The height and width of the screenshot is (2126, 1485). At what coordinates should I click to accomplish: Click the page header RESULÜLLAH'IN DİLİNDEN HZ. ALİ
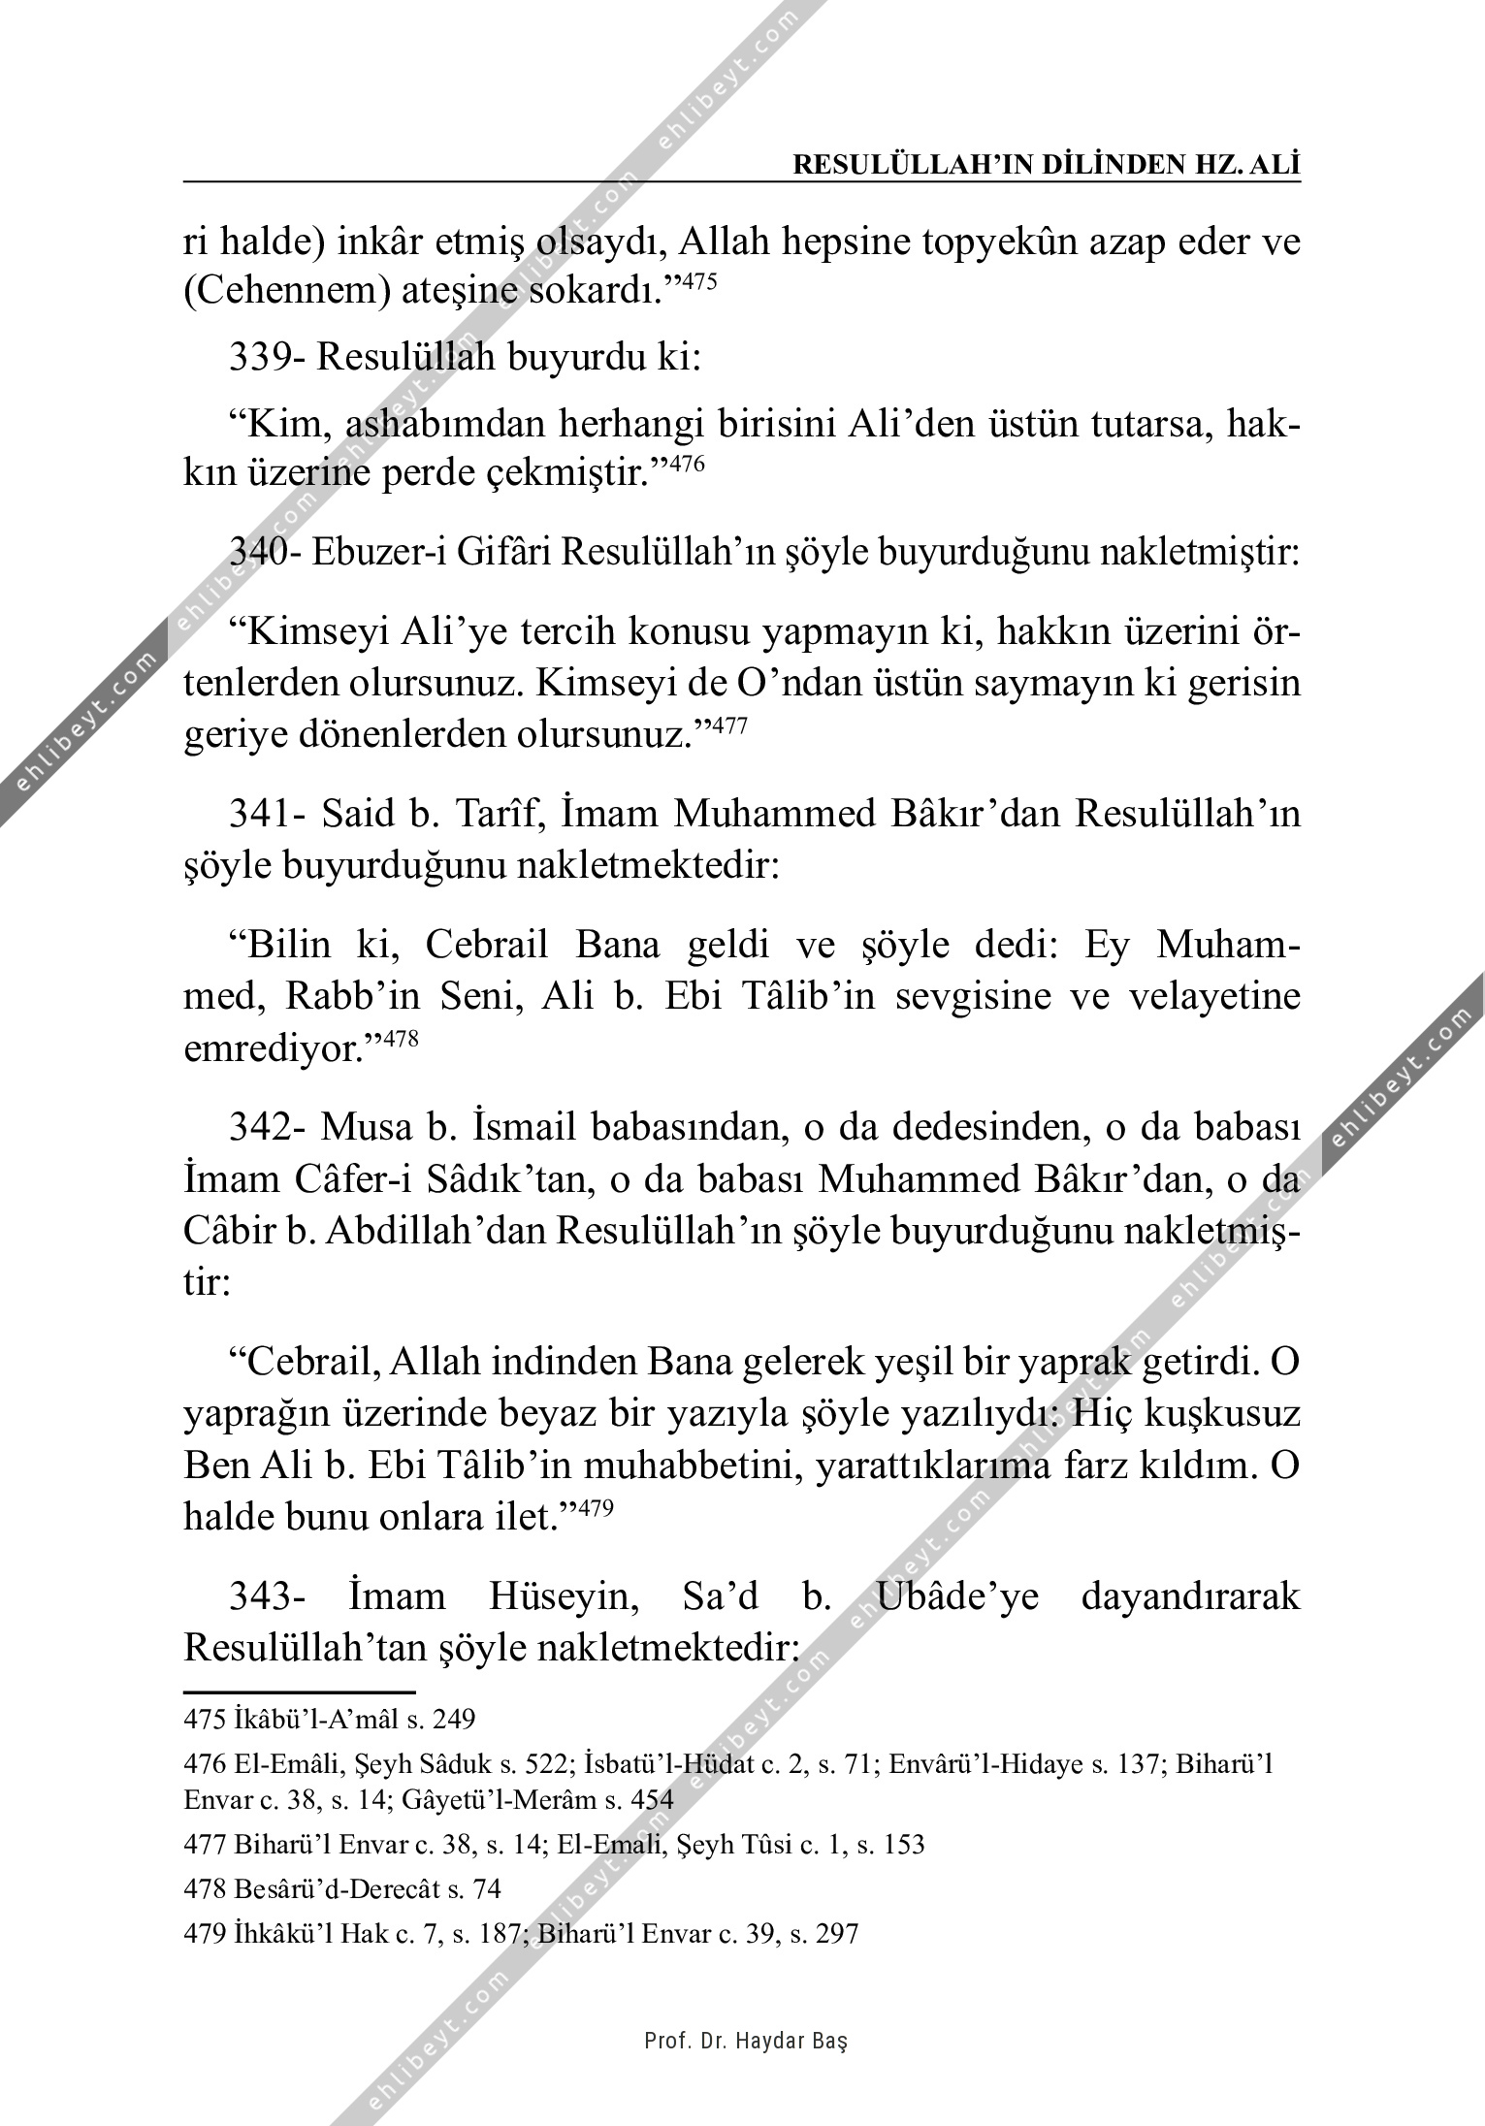(1046, 165)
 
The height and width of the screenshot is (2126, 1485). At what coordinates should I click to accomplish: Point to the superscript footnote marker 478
(402, 1039)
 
